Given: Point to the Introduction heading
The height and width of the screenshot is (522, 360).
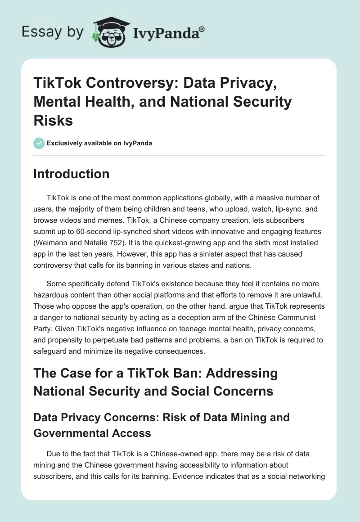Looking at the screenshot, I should point(71,174).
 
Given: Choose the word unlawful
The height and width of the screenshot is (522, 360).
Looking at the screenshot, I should point(306,295).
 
